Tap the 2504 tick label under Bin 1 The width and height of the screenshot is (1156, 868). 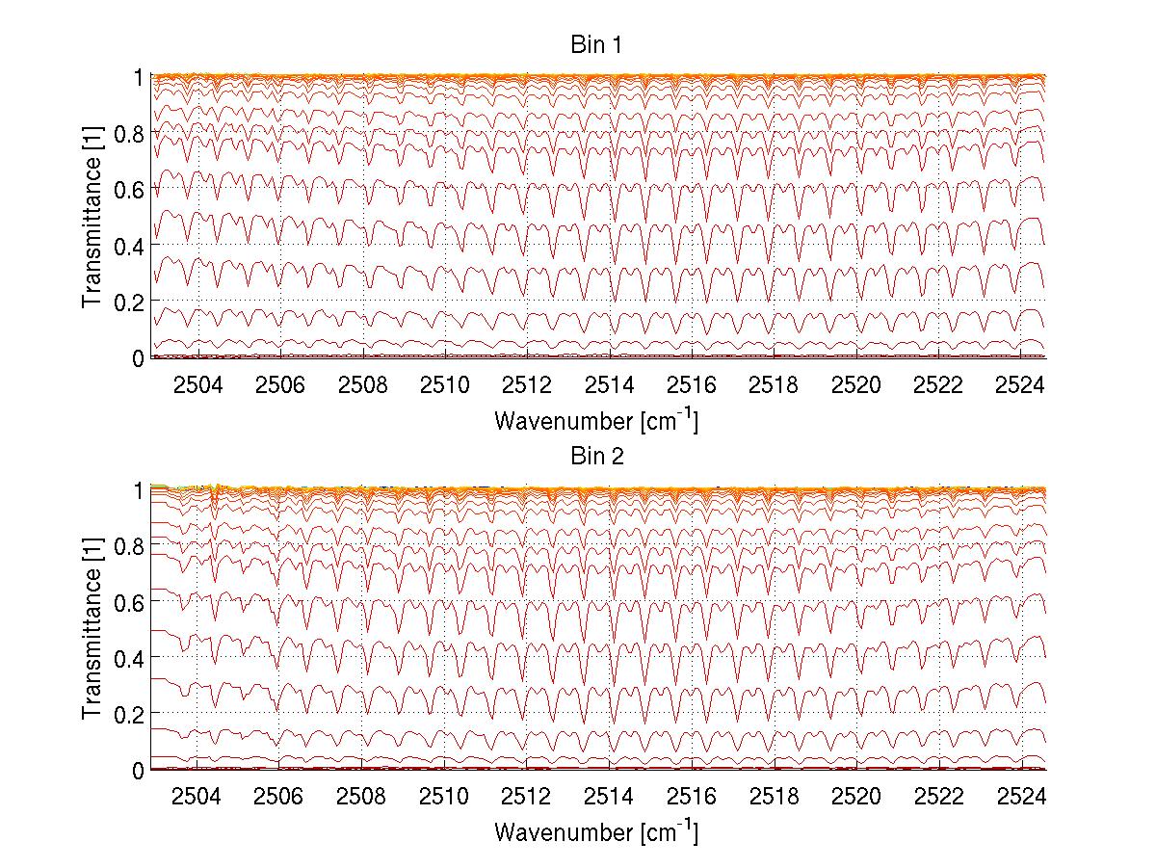197,385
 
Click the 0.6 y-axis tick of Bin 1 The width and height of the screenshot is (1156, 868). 130,190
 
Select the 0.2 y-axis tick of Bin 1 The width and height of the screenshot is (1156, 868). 130,302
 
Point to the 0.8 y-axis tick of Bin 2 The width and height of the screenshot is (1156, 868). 130,545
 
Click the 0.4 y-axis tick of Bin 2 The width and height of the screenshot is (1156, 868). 130,658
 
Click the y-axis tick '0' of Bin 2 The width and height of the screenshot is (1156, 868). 139,771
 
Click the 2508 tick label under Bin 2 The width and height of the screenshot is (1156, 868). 363,797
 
